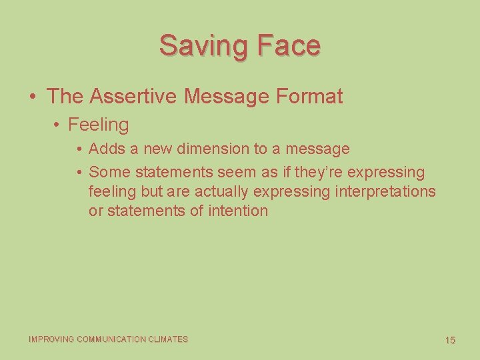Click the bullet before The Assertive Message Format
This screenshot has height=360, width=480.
coord(33,97)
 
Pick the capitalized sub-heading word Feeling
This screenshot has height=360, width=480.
coord(98,125)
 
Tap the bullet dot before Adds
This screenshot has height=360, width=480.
coord(79,149)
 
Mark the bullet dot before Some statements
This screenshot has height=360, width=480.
coord(79,173)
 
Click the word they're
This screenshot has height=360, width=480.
coord(318,172)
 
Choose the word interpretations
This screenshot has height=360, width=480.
coord(385,191)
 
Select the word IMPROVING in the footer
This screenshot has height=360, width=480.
coord(51,339)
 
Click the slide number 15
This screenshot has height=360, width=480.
coord(450,340)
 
